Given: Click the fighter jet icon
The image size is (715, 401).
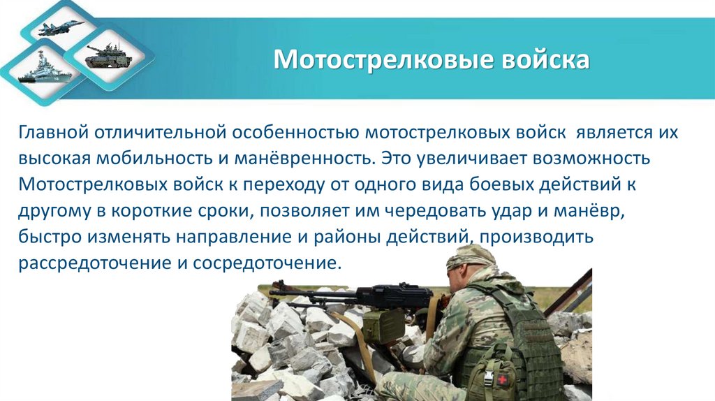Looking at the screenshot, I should click(x=61, y=29).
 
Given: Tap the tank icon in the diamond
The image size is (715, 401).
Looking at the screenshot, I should click(x=107, y=55).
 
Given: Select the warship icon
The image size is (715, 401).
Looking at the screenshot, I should click(x=40, y=72).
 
